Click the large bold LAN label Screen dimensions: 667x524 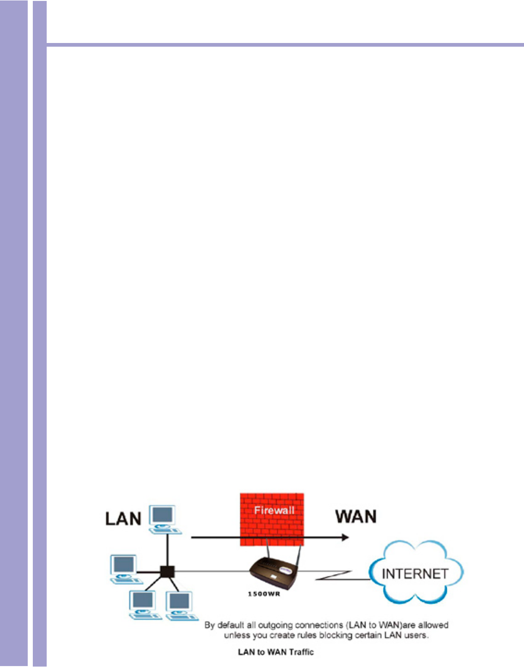(x=123, y=519)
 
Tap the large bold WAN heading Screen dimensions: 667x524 (x=356, y=516)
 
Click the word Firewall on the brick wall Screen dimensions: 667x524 (x=274, y=510)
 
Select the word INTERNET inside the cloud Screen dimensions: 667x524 (x=415, y=574)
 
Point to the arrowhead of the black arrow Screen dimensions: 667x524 (x=344, y=537)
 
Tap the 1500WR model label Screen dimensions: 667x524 (x=264, y=594)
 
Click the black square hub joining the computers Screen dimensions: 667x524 (x=167, y=572)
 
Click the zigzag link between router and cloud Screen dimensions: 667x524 (x=335, y=575)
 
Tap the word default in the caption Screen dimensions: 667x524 (x=231, y=625)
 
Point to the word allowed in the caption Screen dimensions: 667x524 (x=433, y=625)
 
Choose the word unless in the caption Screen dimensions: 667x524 (x=236, y=636)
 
